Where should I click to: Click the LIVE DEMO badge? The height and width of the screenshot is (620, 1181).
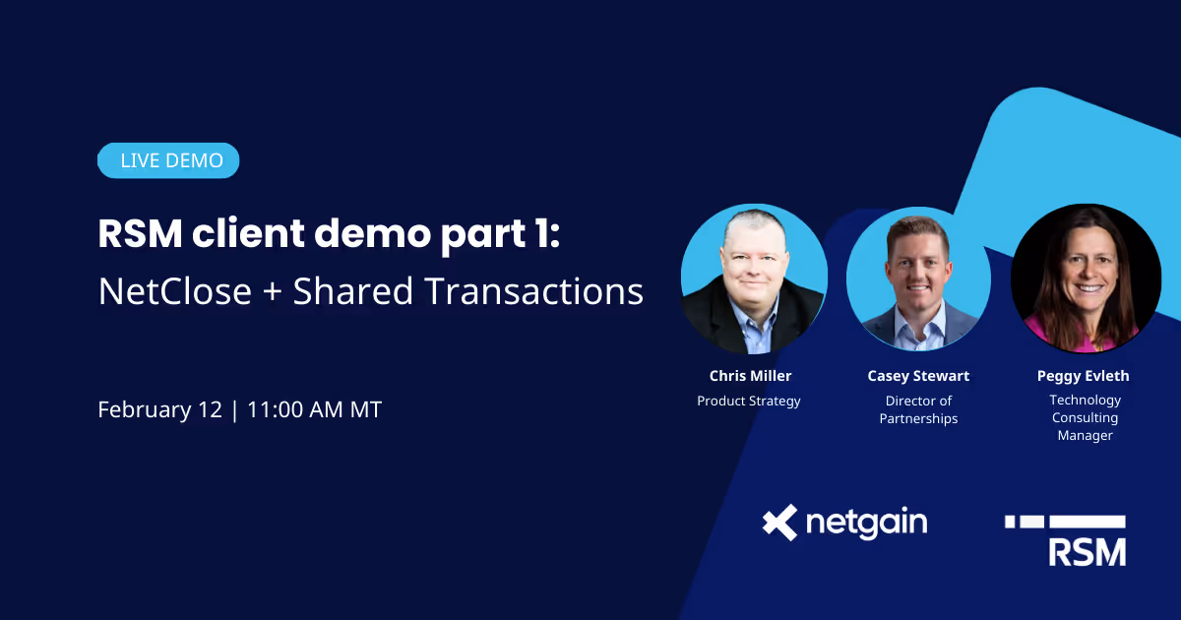168,160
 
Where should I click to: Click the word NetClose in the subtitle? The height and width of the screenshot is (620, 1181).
175,291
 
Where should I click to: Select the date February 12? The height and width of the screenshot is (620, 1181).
160,409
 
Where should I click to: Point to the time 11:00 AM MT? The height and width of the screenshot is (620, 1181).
314,409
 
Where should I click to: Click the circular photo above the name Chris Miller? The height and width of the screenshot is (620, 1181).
754,279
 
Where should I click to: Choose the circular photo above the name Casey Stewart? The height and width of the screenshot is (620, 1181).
918,279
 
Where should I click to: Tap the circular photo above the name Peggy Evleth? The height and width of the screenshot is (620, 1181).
1086,279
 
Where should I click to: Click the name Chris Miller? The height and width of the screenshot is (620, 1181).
750,376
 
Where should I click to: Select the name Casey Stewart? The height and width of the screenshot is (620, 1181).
918,376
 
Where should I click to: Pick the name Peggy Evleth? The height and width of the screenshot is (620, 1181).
1083,376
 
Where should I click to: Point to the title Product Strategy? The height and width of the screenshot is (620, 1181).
749,401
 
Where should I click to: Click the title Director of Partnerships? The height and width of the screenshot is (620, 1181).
918,409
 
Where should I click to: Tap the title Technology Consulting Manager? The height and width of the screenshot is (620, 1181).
1085,417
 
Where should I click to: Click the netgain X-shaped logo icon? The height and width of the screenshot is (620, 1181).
780,523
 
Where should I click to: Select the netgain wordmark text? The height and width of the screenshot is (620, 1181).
867,524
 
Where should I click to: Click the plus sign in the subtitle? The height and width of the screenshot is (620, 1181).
273,292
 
